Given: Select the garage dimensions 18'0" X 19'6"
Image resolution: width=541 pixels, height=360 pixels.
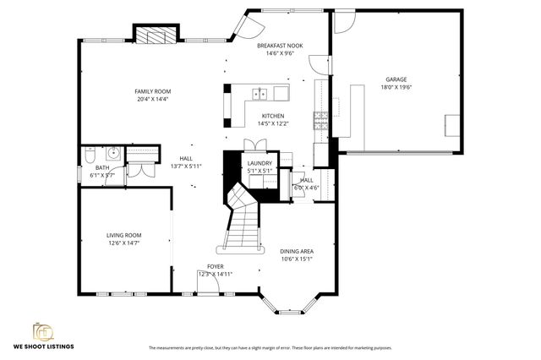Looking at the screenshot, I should coord(396,87).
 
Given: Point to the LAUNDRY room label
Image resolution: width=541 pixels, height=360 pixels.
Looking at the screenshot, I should coord(259,163).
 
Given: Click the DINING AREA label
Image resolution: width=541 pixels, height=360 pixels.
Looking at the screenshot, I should coord(298,251).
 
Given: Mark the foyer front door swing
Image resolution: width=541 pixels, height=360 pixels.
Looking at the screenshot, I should coord(208,285).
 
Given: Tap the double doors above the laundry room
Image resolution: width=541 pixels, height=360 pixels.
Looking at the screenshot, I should coord(250,145).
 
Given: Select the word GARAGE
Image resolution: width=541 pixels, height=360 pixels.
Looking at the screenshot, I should coord(396,79).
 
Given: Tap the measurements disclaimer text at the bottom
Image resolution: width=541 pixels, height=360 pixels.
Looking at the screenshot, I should coord(270,347).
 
